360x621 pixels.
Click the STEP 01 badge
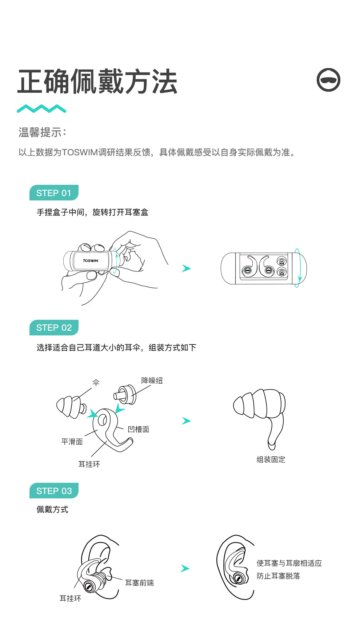click(54, 193)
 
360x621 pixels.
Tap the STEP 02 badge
click(54, 327)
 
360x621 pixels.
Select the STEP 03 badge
click(54, 491)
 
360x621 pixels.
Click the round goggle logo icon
click(328, 80)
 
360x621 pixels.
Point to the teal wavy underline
click(41, 108)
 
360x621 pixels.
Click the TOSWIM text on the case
click(91, 260)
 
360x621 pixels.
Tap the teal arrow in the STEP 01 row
click(186, 268)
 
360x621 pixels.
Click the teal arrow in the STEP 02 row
click(186, 421)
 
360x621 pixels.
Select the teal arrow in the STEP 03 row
click(185, 568)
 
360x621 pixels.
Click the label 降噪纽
click(152, 381)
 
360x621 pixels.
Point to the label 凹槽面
click(139, 429)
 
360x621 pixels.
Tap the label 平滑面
click(72, 442)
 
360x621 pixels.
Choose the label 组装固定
click(271, 459)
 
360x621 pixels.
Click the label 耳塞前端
click(139, 583)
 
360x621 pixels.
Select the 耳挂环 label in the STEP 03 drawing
click(71, 598)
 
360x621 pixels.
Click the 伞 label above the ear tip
click(96, 382)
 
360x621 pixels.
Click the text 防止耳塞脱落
click(278, 576)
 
